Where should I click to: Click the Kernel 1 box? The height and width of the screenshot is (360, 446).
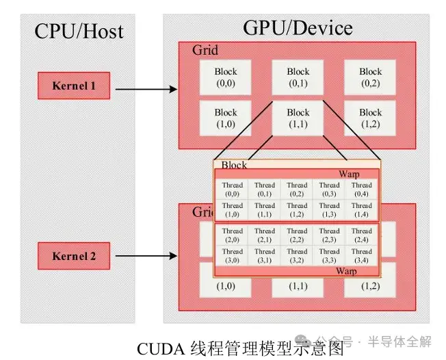pos(74,86)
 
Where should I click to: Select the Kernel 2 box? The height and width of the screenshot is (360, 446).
pos(74,257)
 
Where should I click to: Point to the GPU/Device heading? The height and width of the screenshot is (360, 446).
pos(298,28)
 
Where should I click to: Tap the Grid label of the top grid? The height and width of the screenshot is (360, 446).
pos(205,50)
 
